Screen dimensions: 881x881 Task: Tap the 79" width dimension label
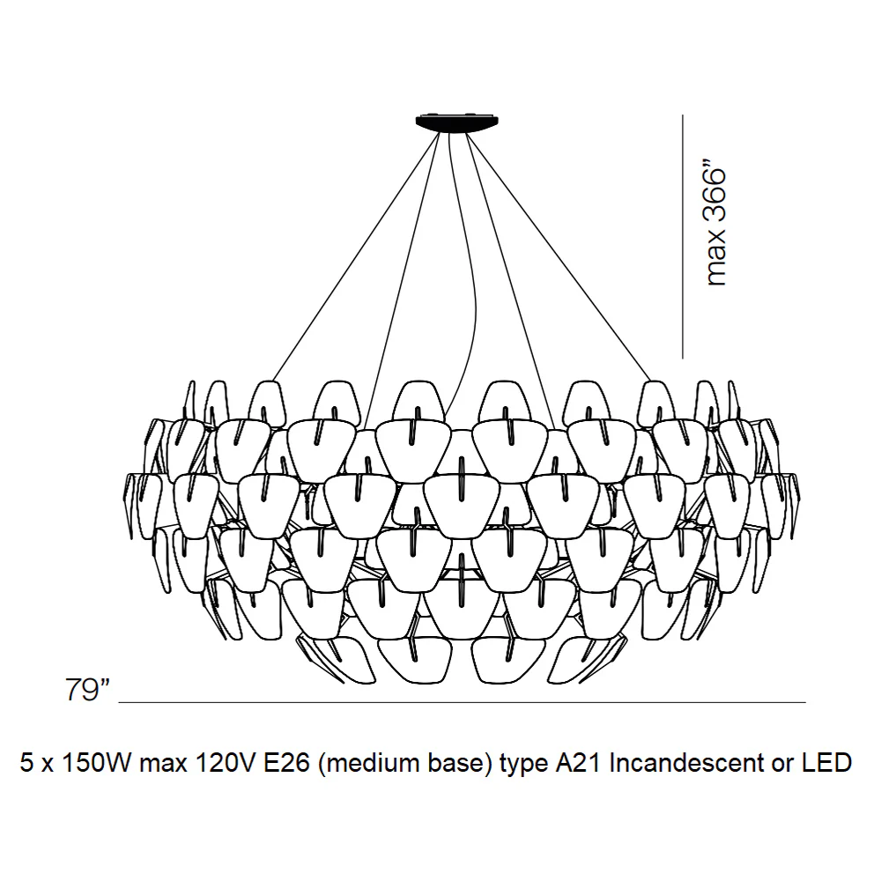87,690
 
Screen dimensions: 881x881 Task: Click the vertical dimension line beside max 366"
683,236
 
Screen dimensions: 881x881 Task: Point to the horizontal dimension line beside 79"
463,702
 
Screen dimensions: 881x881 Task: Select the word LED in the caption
831,762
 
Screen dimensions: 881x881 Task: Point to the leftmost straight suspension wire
356,256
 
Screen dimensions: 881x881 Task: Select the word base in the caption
451,764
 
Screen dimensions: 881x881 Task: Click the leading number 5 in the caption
26,762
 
